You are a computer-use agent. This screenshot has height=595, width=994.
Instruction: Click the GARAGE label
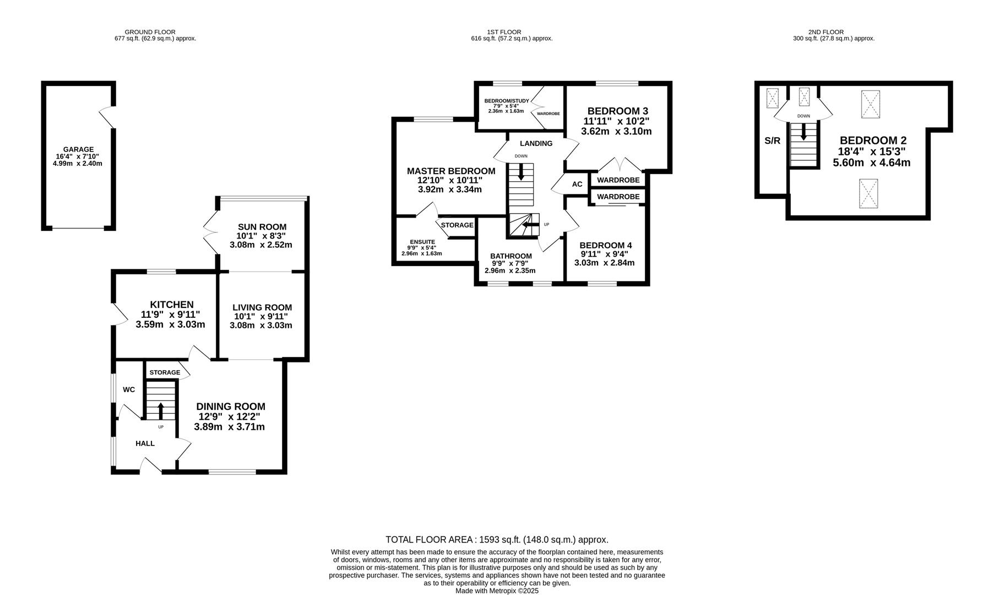tap(78, 149)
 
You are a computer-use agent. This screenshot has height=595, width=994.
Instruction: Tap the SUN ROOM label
tap(262, 227)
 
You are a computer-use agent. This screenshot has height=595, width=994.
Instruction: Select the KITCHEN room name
tap(172, 305)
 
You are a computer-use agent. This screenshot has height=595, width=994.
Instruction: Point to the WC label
tap(129, 390)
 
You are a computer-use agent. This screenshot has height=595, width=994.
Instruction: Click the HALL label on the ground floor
tap(145, 443)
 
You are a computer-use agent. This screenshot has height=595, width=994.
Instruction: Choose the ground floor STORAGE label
tap(165, 372)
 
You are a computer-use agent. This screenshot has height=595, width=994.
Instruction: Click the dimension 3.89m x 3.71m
tap(230, 427)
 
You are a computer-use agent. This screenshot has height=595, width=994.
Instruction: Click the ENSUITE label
tap(422, 242)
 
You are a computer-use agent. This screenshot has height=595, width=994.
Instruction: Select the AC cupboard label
tap(577, 184)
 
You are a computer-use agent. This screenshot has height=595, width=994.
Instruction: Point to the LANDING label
tap(536, 143)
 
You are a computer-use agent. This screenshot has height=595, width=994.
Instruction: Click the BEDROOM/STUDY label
tap(507, 101)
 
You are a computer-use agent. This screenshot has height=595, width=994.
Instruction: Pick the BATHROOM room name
tap(511, 256)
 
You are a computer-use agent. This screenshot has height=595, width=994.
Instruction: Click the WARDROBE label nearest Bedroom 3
tap(618, 180)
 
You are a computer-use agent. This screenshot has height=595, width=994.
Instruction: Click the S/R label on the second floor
tap(773, 140)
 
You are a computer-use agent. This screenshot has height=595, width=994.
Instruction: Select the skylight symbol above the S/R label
tap(773, 99)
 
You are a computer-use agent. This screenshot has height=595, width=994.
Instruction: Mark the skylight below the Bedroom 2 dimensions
tap(868, 193)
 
